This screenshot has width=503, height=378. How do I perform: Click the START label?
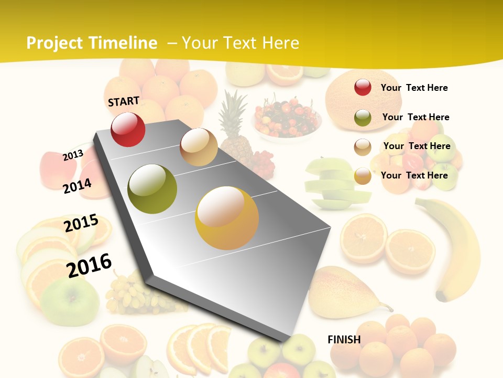(124, 101)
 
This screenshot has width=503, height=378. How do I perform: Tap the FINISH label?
(344, 340)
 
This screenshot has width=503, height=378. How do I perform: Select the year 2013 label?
(73, 155)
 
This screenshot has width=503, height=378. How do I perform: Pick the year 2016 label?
(89, 265)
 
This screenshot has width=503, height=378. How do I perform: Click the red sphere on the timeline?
(128, 129)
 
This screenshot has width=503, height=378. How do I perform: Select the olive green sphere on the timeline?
(152, 189)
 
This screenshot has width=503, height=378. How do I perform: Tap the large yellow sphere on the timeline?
(227, 218)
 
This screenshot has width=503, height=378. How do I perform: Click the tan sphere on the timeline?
(199, 147)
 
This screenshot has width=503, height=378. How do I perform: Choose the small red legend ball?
(363, 88)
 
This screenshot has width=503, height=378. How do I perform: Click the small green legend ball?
(363, 118)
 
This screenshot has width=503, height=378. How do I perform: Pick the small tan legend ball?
(363, 147)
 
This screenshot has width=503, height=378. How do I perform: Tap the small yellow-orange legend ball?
(363, 176)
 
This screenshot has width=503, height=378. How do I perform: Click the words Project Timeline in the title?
(92, 43)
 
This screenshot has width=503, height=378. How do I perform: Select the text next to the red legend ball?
(414, 88)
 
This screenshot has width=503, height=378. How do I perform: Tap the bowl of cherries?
(286, 118)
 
